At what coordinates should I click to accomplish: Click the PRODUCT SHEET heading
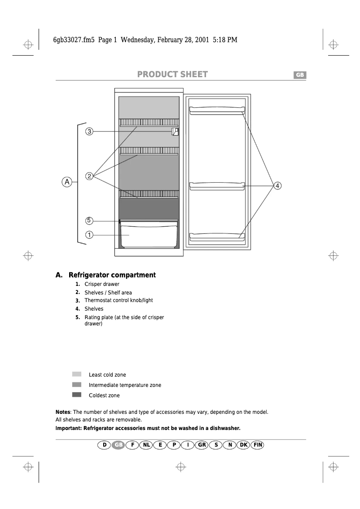click(172, 75)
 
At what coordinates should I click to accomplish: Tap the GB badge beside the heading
click(299, 75)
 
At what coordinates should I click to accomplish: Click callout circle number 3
click(90, 132)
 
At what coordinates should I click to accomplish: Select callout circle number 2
click(90, 176)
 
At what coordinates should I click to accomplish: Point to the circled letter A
click(66, 182)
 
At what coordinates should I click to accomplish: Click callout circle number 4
click(277, 185)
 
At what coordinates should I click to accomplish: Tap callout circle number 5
click(89, 220)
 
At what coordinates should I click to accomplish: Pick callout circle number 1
click(89, 235)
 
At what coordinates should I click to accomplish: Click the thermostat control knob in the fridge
click(175, 132)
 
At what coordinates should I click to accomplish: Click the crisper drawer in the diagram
click(149, 234)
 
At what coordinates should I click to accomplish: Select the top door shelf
click(217, 110)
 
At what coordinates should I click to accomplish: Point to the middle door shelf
click(217, 185)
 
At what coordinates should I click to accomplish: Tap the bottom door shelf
click(217, 236)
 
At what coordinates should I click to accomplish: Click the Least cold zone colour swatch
click(77, 374)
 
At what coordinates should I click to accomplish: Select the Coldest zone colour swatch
click(77, 395)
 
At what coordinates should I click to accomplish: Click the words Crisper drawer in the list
click(102, 284)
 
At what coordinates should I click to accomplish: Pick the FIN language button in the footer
click(257, 445)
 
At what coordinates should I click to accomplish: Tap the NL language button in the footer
click(146, 445)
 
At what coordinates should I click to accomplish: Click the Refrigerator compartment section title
click(112, 275)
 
